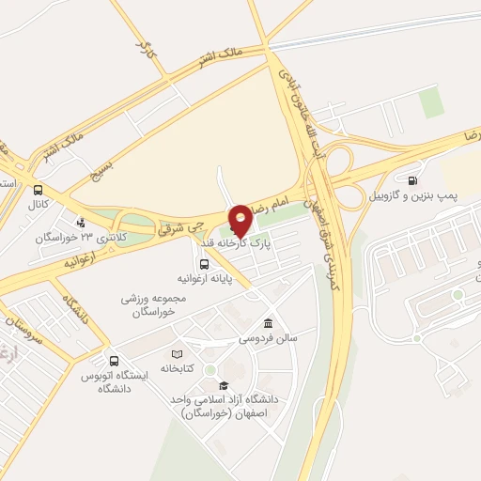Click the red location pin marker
tap(240, 220)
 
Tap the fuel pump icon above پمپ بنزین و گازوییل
tap(412, 178)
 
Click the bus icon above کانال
tap(38, 187)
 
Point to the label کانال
tap(38, 203)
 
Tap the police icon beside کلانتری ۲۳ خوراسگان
tap(83, 223)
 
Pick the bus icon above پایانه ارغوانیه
tap(203, 264)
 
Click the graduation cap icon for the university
tap(224, 385)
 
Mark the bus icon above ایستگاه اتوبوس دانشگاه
tap(114, 360)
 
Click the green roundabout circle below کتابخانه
tap(209, 368)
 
